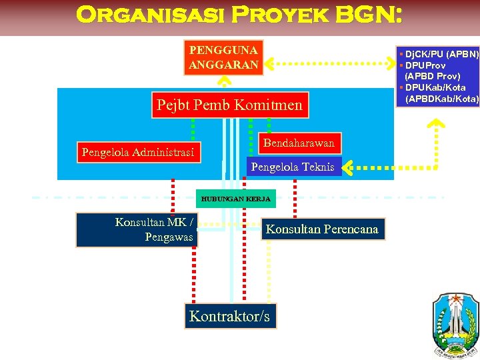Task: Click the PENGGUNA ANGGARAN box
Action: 223,57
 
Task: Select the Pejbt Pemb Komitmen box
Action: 229,105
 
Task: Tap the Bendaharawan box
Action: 299,143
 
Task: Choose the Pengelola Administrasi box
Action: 138,153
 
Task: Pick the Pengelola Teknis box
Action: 293,167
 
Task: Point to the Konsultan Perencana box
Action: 322,229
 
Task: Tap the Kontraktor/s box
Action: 229,316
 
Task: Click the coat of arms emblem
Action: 454,323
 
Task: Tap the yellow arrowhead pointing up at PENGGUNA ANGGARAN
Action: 225,81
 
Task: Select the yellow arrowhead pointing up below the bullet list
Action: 436,123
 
